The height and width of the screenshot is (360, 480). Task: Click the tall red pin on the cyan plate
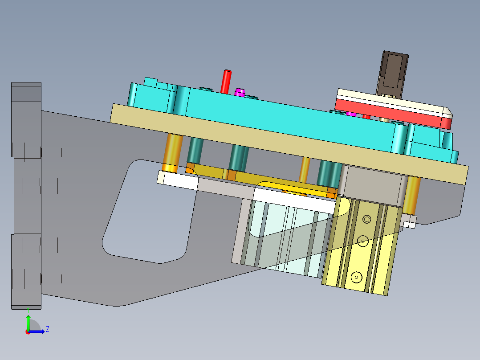227,81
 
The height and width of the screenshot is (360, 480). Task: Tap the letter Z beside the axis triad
47,329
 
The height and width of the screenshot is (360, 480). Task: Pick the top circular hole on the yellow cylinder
366,219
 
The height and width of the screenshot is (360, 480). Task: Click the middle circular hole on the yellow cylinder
363,241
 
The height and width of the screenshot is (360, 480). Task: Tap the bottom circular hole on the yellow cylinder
356,277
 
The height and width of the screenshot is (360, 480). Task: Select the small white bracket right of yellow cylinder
410,221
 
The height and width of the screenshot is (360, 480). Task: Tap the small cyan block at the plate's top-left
151,82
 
